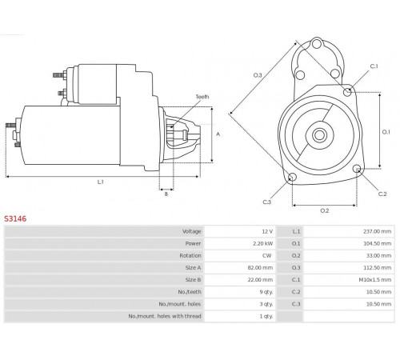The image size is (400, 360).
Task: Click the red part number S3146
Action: coord(15,218)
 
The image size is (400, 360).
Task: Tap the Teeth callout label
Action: coord(202,97)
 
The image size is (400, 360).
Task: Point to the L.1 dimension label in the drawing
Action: coord(100,182)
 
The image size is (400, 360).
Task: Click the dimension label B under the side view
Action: coord(166,194)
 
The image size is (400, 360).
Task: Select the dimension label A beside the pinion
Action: coord(218,134)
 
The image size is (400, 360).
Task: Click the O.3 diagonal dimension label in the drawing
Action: coord(258,75)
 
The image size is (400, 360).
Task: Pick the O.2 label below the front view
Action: coord(325,210)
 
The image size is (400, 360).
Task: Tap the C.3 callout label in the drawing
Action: coord(267,202)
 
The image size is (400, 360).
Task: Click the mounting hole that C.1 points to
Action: coord(347,92)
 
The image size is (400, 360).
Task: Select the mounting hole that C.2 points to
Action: coord(357,169)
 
